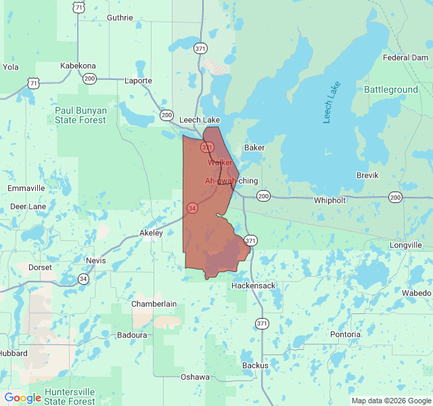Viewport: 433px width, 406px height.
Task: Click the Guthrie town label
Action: [x=120, y=18]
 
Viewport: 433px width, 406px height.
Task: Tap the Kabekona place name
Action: [x=78, y=66]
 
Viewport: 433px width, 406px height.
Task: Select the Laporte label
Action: [x=138, y=81]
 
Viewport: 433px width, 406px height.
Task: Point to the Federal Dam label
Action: [x=405, y=58]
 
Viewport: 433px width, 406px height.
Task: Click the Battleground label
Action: [x=391, y=89]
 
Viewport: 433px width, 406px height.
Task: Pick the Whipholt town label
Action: [x=330, y=200]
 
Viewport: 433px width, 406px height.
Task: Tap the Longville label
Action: [x=406, y=245]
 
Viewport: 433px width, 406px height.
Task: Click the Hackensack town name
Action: [x=253, y=286]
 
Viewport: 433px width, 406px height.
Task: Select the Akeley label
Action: [x=151, y=233]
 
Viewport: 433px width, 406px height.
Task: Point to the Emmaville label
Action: [x=26, y=187]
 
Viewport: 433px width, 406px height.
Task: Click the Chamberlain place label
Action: [x=154, y=304]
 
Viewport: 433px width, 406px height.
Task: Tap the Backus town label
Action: [x=255, y=365]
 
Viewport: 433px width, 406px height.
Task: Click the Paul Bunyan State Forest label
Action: [x=81, y=115]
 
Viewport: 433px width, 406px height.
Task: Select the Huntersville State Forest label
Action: [x=70, y=397]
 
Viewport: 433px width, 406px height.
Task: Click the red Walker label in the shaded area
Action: [x=220, y=162]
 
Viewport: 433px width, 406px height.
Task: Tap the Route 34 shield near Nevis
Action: [x=83, y=279]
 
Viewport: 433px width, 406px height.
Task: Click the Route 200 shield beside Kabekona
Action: [x=89, y=78]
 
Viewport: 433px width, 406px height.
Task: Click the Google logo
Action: [x=22, y=398]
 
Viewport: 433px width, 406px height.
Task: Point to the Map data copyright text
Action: [x=390, y=401]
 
